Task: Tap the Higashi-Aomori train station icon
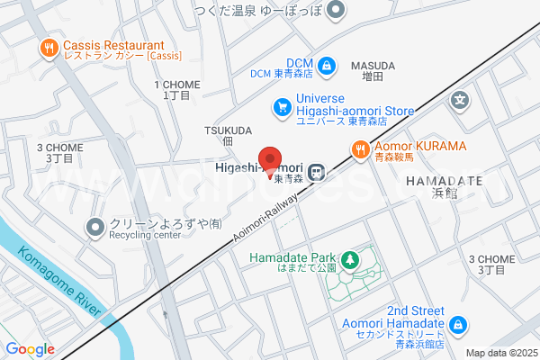[317, 171]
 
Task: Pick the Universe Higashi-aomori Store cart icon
[282, 107]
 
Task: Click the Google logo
[30, 349]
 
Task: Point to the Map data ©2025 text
[500, 353]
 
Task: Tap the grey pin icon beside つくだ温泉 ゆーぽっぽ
[337, 11]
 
